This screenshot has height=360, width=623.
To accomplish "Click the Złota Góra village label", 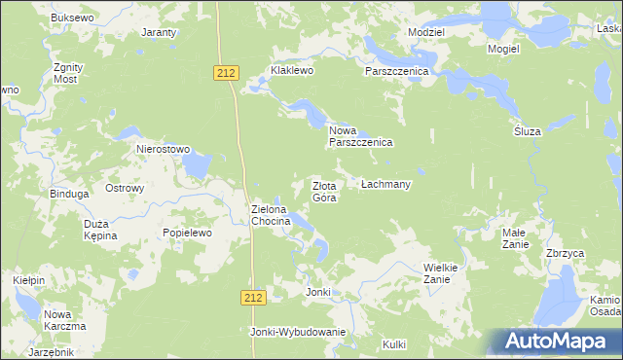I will click(x=324, y=192).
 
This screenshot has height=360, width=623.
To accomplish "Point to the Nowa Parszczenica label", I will click(x=359, y=136).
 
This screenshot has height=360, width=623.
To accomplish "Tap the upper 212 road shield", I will click(x=226, y=72).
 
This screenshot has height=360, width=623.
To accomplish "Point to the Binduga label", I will click(x=70, y=194).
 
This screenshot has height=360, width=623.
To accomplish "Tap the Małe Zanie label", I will click(x=514, y=238).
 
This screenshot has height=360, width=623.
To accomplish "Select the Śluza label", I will click(x=527, y=131).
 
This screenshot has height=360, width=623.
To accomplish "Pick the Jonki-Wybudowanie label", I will click(x=298, y=332).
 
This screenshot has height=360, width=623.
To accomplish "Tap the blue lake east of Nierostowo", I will click(x=196, y=166).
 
